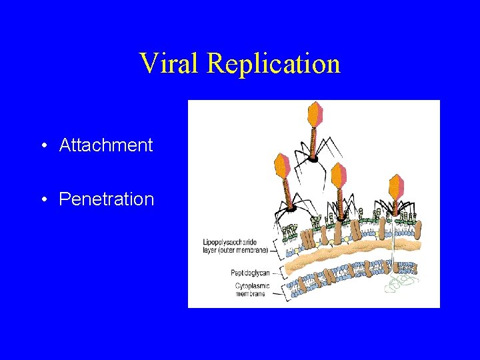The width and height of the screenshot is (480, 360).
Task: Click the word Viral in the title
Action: coord(170,63)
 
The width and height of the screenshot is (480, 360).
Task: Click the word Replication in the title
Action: coord(274,63)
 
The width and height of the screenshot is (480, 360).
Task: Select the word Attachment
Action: coord(106,145)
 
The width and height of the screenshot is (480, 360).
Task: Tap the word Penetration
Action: coord(107,199)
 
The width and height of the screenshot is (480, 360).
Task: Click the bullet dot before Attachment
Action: coord(42,146)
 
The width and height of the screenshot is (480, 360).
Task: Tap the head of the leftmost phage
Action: coord(283,167)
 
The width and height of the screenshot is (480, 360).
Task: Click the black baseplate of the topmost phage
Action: coord(313,159)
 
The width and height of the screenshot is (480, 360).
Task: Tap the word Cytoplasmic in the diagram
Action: coord(251,286)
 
